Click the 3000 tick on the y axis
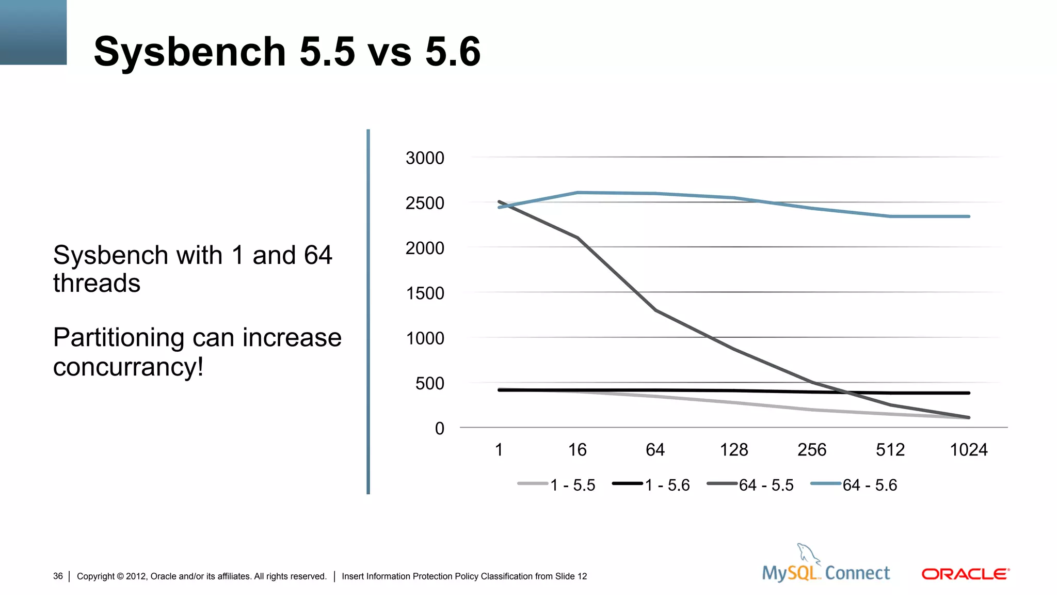coord(424,158)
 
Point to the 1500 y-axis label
coord(424,293)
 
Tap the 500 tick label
coord(429,384)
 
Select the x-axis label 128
coord(733,450)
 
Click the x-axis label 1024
coord(968,450)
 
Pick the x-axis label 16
coord(577,450)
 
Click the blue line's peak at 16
coord(577,193)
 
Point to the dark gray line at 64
coord(655,310)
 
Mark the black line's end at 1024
coord(968,393)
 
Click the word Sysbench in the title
coord(189,52)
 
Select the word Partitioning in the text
coord(118,338)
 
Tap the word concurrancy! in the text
coord(128,367)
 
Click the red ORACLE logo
coord(965,574)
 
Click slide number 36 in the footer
coord(58,576)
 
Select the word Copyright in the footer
coord(95,576)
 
